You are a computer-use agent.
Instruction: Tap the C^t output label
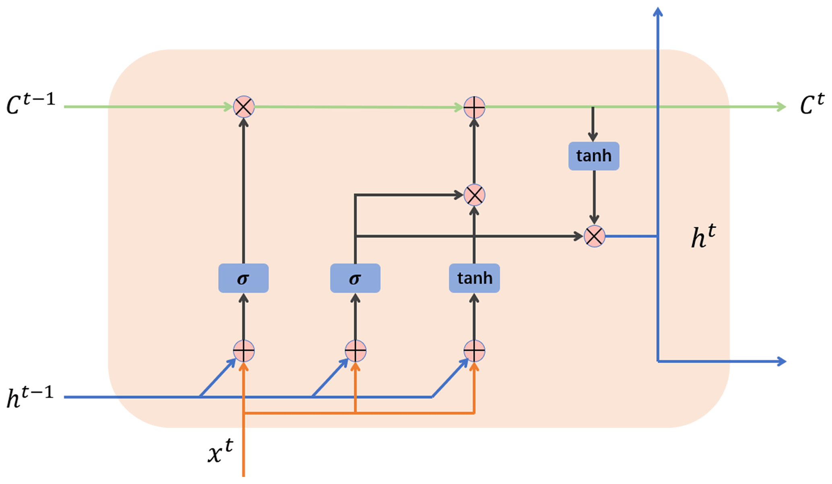coord(811,104)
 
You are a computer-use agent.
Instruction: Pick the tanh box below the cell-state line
coord(594,156)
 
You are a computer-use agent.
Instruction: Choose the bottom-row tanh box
coord(474,278)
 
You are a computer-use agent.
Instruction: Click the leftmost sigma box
coord(243,278)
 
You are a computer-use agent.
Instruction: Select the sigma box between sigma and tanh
coord(355,278)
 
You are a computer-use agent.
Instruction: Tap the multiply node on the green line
coord(244,107)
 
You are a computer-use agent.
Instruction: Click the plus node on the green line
coord(474,107)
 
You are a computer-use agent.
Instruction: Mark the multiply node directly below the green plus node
coord(474,195)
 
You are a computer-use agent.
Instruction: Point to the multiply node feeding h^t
coord(594,236)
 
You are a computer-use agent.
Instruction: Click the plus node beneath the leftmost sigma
coord(244,351)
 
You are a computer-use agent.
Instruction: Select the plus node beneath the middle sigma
coord(355,351)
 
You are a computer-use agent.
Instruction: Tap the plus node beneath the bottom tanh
coord(474,351)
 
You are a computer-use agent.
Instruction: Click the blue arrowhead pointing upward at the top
coord(658,12)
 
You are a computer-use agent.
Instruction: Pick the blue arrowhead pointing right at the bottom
coord(781,361)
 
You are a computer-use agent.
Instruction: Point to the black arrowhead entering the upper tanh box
coord(593,137)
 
